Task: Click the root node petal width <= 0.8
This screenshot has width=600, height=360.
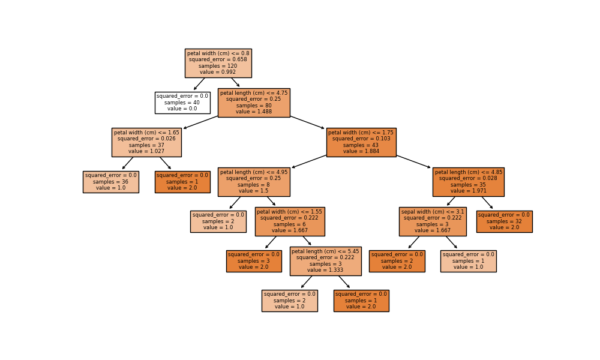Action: click(218, 63)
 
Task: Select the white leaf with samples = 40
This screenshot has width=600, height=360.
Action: click(182, 103)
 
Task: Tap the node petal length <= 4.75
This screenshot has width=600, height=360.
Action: click(254, 103)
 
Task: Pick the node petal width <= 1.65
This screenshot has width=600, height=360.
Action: click(146, 142)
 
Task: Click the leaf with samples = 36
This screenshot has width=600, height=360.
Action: click(111, 182)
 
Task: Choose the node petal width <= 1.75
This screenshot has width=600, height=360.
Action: click(361, 142)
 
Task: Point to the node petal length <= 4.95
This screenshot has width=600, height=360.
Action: click(254, 182)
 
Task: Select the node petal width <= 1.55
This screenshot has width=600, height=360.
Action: click(290, 221)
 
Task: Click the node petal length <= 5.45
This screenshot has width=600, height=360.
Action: click(325, 261)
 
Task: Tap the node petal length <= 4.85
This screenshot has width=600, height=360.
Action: click(468, 182)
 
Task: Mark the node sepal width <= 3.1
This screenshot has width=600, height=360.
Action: click(433, 221)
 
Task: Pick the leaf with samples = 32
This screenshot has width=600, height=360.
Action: click(504, 221)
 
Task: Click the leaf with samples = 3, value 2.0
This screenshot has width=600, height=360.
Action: click(254, 261)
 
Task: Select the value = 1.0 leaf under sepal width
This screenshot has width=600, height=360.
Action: click(468, 261)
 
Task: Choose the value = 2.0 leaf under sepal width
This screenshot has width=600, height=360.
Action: click(397, 261)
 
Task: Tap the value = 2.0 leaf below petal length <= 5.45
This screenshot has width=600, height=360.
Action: click(361, 301)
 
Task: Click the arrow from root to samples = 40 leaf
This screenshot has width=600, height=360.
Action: click(199, 84)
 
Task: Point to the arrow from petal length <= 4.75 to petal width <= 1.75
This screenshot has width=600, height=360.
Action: click(307, 122)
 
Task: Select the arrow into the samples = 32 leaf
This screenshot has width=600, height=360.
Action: click(487, 203)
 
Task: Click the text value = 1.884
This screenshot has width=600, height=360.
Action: click(361, 152)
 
